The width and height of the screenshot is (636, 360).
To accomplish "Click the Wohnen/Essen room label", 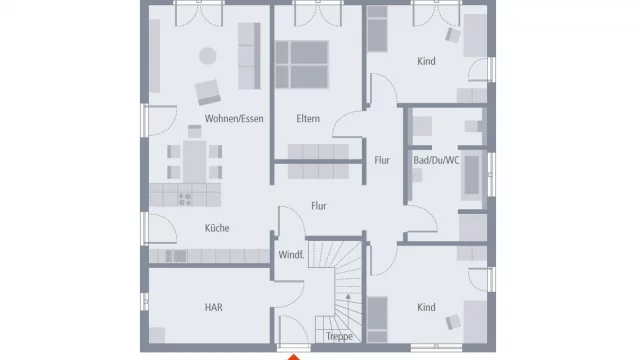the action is [234, 119].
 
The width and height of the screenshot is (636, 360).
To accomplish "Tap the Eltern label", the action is [308, 119].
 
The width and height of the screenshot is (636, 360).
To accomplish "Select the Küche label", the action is [217, 228].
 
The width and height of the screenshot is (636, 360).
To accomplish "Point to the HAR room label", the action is [214, 307].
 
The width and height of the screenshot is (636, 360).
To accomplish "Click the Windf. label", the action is [291, 255].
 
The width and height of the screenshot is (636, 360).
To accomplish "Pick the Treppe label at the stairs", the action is [339, 336].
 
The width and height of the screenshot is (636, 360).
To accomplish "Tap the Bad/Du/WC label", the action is [436, 160].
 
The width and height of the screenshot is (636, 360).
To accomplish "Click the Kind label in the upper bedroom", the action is [426, 61].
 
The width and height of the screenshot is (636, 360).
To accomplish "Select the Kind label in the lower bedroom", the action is [426, 307].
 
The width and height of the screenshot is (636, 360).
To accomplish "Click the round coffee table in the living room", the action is [208, 56].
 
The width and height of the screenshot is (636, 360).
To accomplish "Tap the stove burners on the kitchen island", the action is [185, 199].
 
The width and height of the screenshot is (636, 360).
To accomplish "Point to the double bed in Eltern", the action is [302, 64].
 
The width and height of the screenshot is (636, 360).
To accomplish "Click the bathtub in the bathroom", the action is [472, 175].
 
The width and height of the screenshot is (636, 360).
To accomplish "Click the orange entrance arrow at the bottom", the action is [294, 357].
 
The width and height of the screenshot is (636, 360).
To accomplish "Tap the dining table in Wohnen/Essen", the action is [194, 161].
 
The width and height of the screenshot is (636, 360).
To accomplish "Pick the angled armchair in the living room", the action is [208, 92].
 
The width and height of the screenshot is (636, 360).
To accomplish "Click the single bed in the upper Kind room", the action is [377, 29].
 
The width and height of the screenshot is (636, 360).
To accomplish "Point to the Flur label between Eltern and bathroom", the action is [382, 160].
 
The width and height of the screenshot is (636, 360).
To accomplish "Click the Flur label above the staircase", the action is [319, 206].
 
